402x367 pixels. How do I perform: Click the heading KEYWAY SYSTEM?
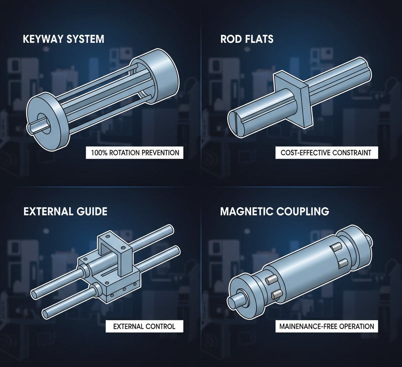tap(64, 39)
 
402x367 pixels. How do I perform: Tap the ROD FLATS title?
tap(247, 39)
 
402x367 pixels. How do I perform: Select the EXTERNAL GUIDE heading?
tap(66, 212)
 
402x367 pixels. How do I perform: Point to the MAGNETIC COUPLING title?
tap(274, 212)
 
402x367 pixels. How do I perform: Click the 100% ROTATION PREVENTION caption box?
tap(135, 153)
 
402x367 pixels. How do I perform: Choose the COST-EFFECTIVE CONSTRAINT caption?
tap(326, 153)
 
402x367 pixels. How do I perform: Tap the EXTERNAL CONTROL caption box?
tap(144, 326)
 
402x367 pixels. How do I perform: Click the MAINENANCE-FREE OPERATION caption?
tap(326, 326)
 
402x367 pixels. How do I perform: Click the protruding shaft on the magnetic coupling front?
tap(236, 299)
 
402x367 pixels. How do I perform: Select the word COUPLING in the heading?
tap(303, 212)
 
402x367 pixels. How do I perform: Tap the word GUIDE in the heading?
tap(92, 212)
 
